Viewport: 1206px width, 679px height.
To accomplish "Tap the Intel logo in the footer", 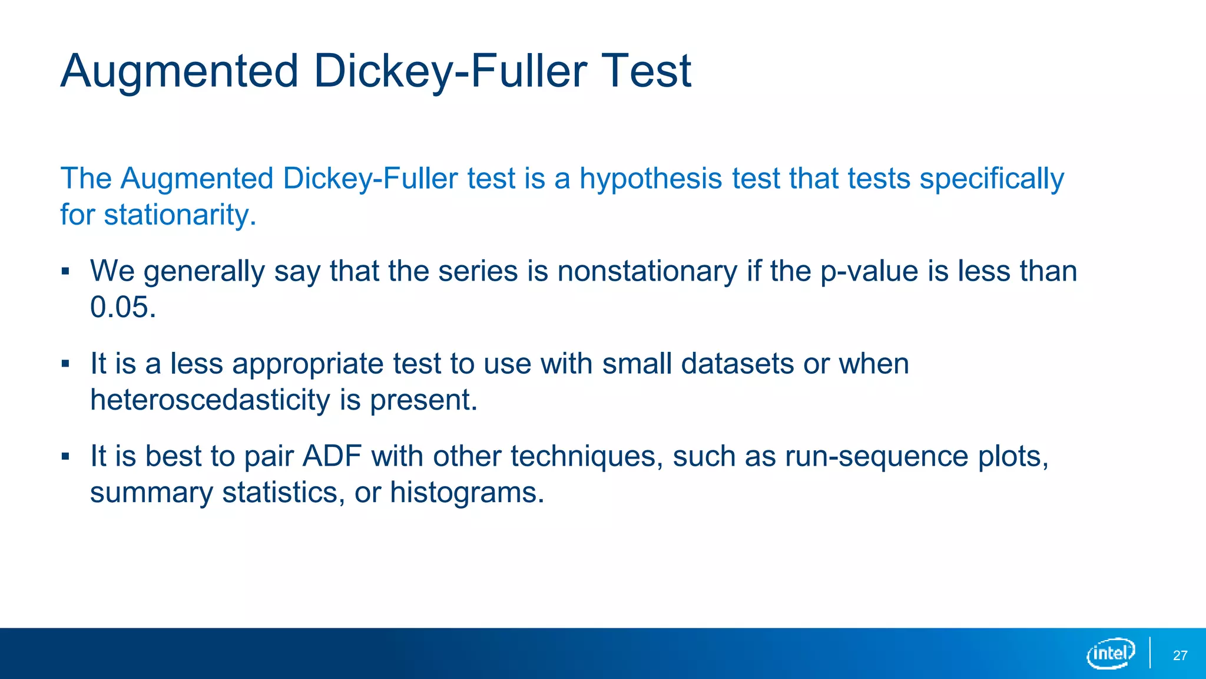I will coord(1111,654).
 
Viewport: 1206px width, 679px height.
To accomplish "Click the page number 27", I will coord(1180,655).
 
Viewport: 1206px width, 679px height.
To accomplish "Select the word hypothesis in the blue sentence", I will coord(651,179).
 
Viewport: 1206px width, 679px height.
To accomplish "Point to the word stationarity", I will coord(180,215).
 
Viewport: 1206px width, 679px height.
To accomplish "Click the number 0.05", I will coord(122,307).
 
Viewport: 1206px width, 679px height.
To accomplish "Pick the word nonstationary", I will coord(647,272).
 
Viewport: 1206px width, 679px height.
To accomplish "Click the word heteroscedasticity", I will coord(210,400).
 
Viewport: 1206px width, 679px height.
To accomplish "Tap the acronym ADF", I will coord(332,456).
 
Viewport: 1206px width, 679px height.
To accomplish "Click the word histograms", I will coord(466,492).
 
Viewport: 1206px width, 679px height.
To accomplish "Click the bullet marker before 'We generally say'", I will coord(65,272).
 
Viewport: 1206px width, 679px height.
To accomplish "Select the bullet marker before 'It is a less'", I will coord(65,364).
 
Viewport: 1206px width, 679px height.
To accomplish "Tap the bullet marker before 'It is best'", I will coord(65,456).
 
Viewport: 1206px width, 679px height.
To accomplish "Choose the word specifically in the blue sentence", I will coord(992,179).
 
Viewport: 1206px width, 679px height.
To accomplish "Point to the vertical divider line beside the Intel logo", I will coord(1149,653).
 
